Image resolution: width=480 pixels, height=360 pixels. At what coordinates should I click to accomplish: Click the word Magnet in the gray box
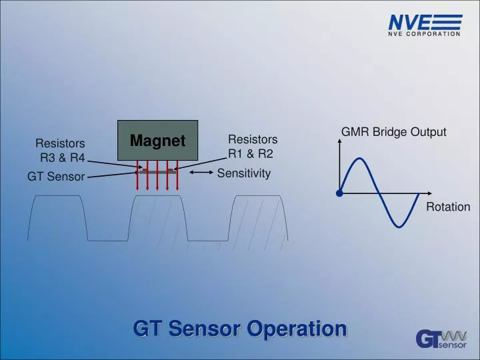pos(157,141)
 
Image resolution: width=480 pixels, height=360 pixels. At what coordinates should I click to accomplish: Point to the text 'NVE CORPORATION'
pos(425,34)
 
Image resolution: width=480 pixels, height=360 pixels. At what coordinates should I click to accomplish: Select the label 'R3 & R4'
pos(63,158)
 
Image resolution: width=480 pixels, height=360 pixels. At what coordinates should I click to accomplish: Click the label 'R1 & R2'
pos(251,153)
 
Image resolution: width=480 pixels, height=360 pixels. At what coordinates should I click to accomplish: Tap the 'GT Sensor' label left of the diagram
pos(56,177)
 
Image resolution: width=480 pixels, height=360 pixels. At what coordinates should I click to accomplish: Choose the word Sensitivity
pos(244,173)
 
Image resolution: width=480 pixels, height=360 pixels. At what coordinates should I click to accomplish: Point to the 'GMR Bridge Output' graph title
pos(393,132)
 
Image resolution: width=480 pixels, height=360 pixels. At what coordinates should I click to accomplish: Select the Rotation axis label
pos(448,207)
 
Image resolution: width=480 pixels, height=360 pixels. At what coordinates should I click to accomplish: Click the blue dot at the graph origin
pos(340,193)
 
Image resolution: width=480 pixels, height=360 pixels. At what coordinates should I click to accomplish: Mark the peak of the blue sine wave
pos(359,159)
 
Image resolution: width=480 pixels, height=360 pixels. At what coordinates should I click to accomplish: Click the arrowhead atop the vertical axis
pos(340,145)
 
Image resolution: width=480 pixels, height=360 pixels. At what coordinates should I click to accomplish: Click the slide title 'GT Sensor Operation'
pos(240,329)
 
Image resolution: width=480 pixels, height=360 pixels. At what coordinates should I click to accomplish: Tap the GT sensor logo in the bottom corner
pos(441,339)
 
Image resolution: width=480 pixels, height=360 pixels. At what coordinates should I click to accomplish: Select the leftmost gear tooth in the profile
pos(57,217)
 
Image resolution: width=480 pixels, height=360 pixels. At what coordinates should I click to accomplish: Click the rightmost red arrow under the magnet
pos(177,176)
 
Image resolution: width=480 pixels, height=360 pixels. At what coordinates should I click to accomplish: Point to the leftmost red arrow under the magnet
pos(138,176)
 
